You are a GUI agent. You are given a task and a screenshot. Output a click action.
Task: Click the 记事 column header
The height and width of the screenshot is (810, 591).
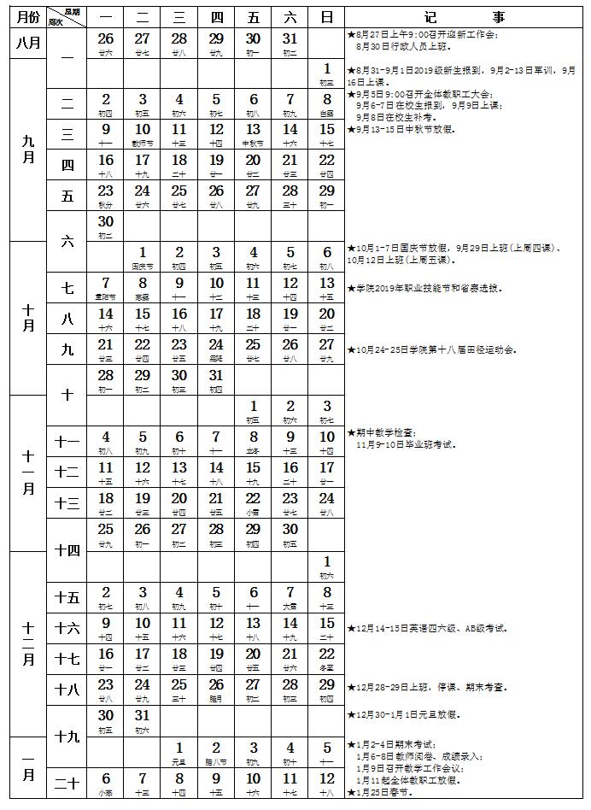point(465,17)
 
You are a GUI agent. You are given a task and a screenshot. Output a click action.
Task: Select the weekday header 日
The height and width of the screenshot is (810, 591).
point(326,17)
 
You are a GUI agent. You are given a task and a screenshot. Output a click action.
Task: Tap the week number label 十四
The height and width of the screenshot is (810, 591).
point(67,549)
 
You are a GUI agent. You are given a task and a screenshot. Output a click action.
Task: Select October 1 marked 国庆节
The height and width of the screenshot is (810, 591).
point(143,255)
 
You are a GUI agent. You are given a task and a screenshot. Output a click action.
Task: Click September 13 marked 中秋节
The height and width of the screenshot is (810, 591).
point(253,133)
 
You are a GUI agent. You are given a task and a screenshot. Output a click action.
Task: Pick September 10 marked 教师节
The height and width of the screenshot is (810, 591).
point(143,133)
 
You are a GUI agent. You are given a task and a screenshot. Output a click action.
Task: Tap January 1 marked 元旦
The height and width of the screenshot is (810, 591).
point(179,752)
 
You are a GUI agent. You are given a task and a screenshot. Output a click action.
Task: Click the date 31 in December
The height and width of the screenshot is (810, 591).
point(143,719)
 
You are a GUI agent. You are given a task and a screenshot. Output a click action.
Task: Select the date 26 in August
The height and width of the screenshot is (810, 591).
point(106,42)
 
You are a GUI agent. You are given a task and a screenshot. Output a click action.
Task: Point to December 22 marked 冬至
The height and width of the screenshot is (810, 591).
point(326,658)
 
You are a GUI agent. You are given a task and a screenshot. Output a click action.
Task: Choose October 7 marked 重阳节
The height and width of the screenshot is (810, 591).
point(106,287)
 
